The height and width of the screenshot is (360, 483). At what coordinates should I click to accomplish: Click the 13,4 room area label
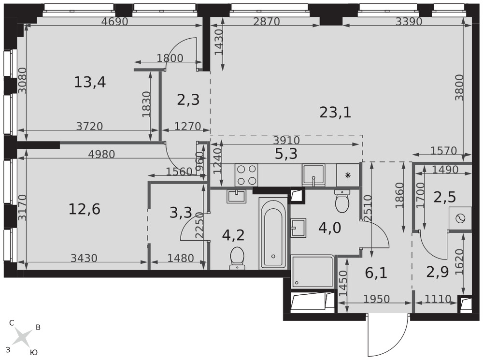(90, 82)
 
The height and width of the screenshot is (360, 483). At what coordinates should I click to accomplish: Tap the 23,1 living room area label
(335, 113)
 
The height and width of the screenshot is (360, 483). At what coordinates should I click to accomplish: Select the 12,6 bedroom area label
(85, 210)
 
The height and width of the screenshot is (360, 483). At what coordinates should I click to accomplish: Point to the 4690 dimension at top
(114, 22)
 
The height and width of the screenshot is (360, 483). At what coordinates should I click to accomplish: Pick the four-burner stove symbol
(246, 175)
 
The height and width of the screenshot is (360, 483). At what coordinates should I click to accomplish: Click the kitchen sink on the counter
(313, 175)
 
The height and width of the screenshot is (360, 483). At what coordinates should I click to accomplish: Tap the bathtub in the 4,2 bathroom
(273, 233)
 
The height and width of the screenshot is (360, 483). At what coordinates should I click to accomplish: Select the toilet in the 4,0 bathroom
(342, 202)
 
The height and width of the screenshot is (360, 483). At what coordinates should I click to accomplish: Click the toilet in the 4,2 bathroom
(237, 259)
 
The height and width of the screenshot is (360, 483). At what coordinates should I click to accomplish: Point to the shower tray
(313, 272)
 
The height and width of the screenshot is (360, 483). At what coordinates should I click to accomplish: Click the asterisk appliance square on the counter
(348, 175)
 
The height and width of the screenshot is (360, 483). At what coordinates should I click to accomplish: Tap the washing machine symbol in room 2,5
(460, 218)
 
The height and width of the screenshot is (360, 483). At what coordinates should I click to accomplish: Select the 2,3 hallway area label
(188, 100)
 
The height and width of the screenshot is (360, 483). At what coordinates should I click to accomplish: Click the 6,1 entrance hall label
(376, 273)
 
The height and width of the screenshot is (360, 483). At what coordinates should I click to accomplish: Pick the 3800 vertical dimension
(460, 87)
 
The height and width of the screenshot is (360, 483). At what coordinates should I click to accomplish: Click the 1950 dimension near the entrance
(376, 299)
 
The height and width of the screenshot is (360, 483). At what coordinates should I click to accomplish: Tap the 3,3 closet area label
(181, 213)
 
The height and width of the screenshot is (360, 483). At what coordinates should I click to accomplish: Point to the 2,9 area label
(438, 272)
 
